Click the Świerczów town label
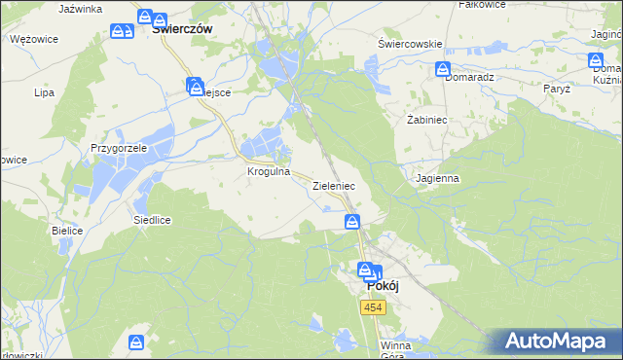pos(183,29)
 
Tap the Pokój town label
pos(384,287)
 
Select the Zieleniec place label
pos(333,185)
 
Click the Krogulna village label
pos(269,170)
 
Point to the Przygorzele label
pos(118,148)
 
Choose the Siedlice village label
pos(152,220)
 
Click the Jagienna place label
pos(436,179)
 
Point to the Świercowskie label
pos(410,44)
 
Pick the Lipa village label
pos(43,93)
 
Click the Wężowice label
pos(34,39)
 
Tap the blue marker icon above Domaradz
pos(443,69)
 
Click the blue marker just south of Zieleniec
pos(352,223)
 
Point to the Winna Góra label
pos(396,349)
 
